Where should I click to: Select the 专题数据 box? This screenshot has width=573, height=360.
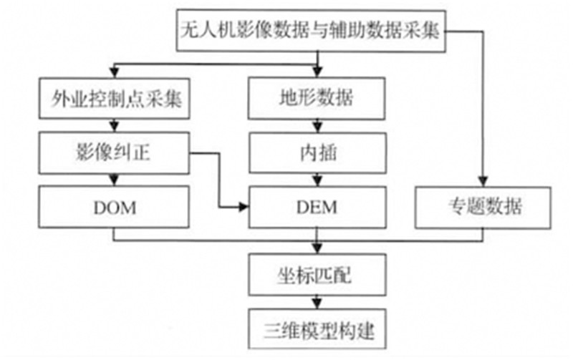click(x=484, y=208)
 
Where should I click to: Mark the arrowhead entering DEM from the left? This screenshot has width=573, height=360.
click(x=243, y=208)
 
